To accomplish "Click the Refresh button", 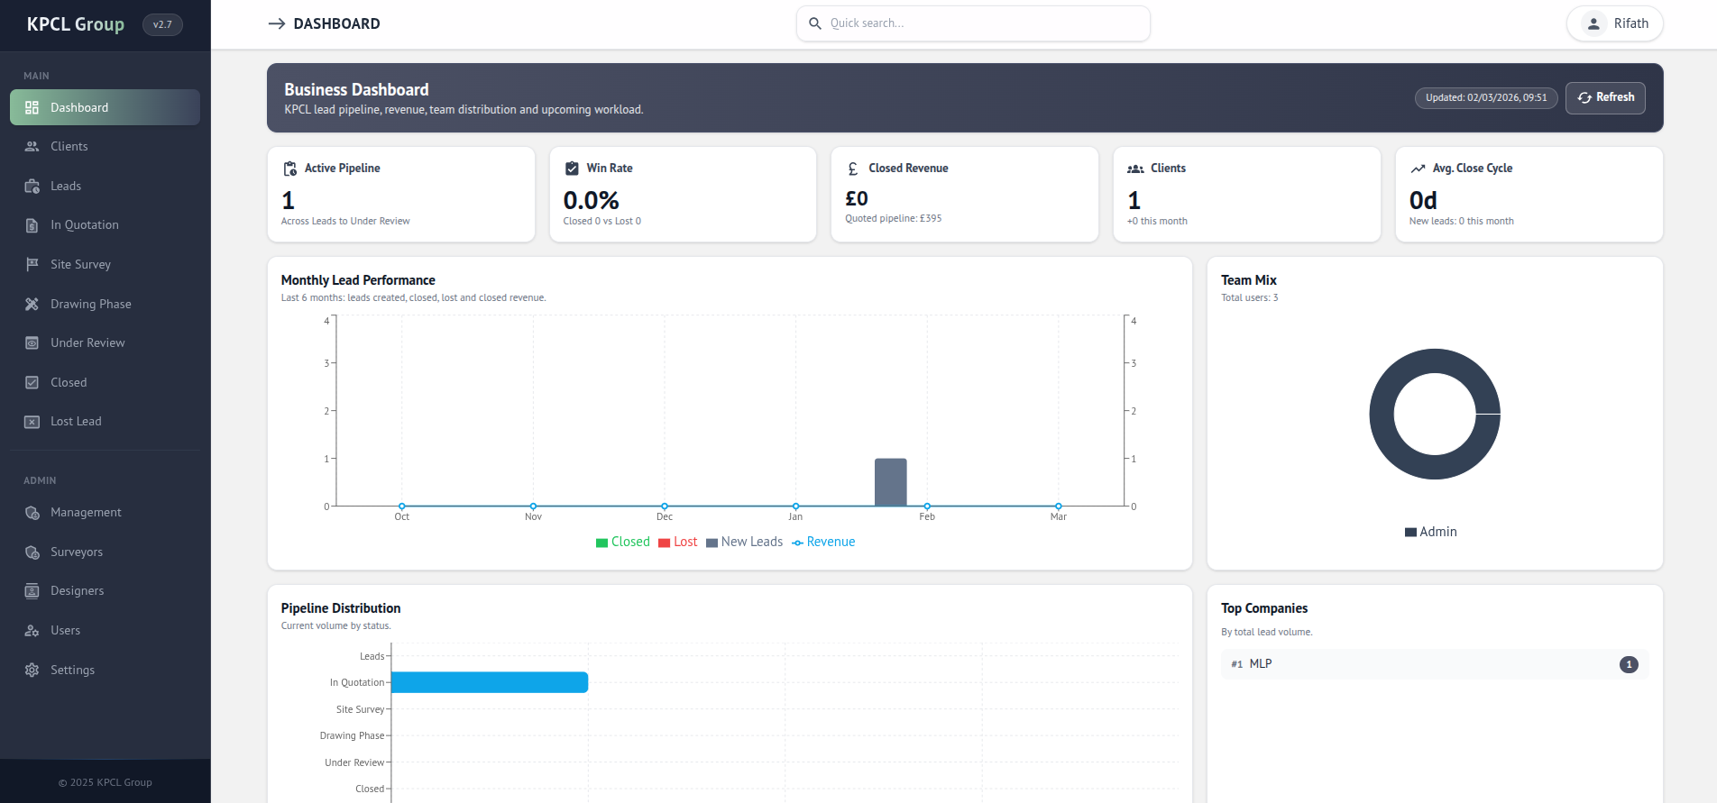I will (1605, 97).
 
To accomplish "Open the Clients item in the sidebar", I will (69, 146).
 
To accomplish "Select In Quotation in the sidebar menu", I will (84, 225).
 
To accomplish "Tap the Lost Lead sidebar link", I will (76, 422).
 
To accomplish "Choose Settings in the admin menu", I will (72, 670).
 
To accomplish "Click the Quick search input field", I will (974, 23).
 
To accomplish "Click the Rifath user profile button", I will (1615, 23).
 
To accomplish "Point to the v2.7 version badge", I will (162, 24).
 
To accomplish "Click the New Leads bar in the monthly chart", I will (890, 482).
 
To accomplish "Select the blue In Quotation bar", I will (490, 682).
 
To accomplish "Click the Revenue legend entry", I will (823, 542).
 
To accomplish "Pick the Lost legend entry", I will (678, 542).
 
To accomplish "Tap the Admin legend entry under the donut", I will (1431, 532).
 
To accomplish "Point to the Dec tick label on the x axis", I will (665, 516).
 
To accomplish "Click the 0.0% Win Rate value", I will (591, 200).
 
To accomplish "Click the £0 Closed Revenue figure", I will (857, 198).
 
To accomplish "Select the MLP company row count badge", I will (1629, 664).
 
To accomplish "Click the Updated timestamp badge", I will (1485, 97).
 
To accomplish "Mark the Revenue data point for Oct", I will (402, 506).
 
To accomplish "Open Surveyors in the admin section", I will (76, 552).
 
